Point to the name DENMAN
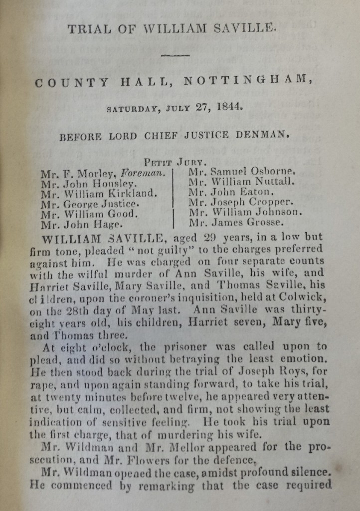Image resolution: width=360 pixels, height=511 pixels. click(x=264, y=135)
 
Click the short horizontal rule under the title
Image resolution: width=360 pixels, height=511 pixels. click(x=174, y=55)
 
